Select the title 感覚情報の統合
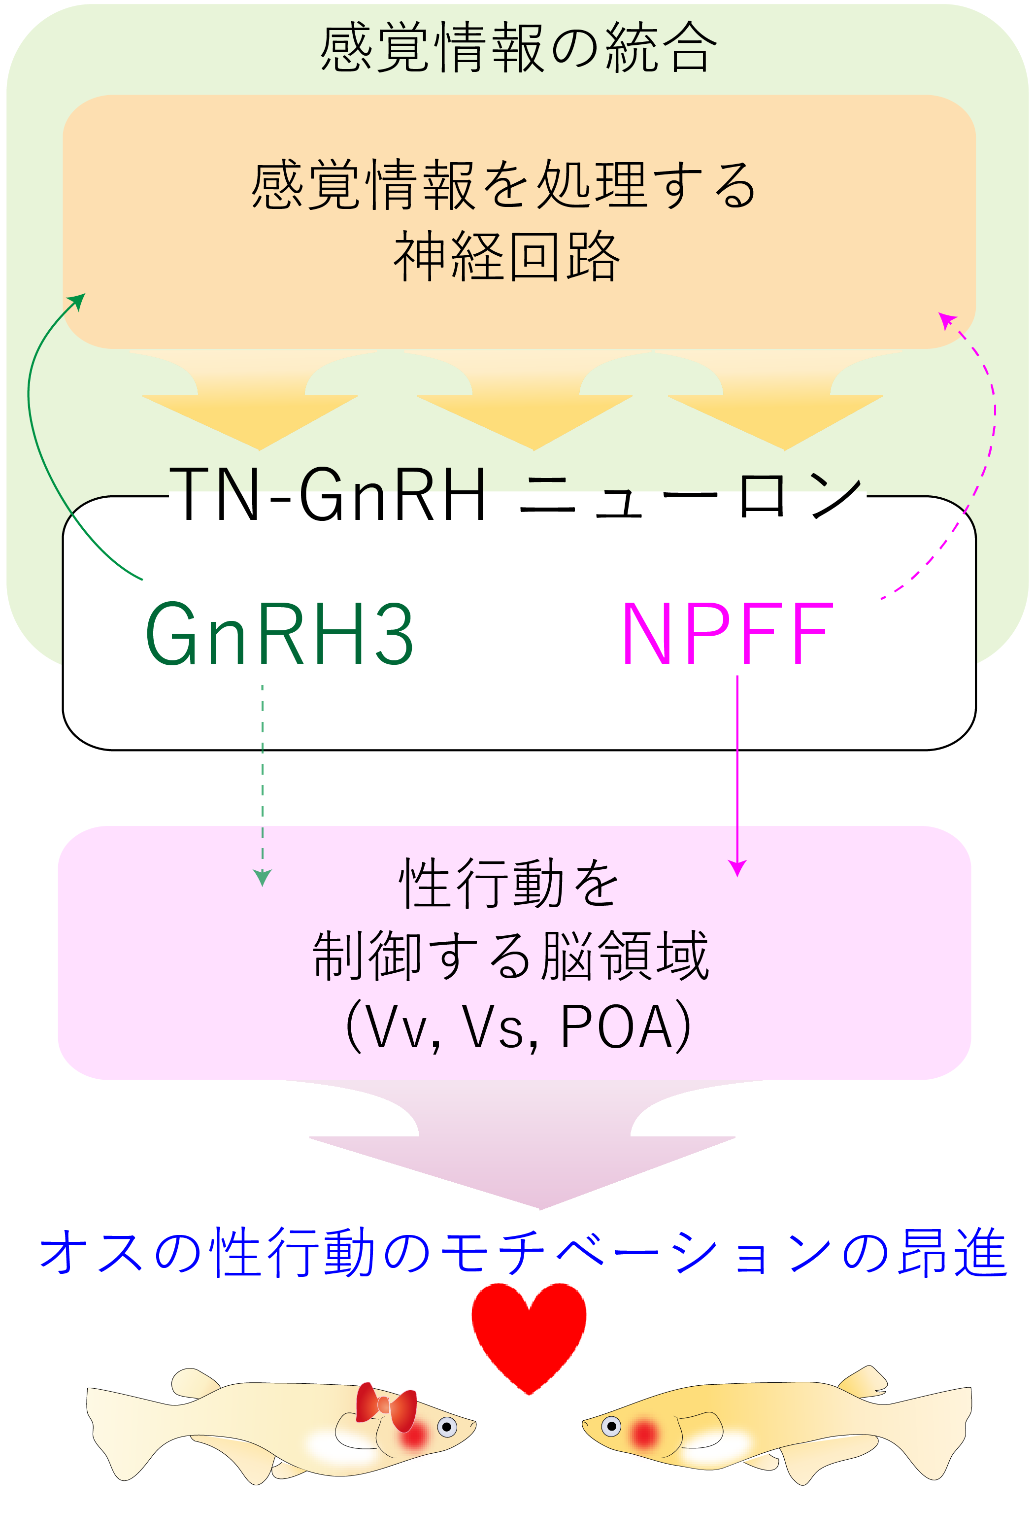[x=518, y=47]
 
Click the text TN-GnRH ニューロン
[x=516, y=495]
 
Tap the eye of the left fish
[x=447, y=1427]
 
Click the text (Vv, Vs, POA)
[x=518, y=1027]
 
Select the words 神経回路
[x=506, y=257]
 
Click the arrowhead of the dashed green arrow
[x=263, y=877]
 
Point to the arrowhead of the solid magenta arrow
[x=737, y=868]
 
